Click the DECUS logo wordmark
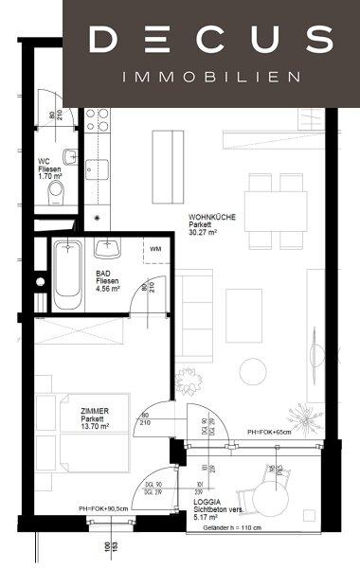(210, 40)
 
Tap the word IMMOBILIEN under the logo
(210, 76)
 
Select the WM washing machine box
(153, 251)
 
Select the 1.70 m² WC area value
(47, 175)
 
